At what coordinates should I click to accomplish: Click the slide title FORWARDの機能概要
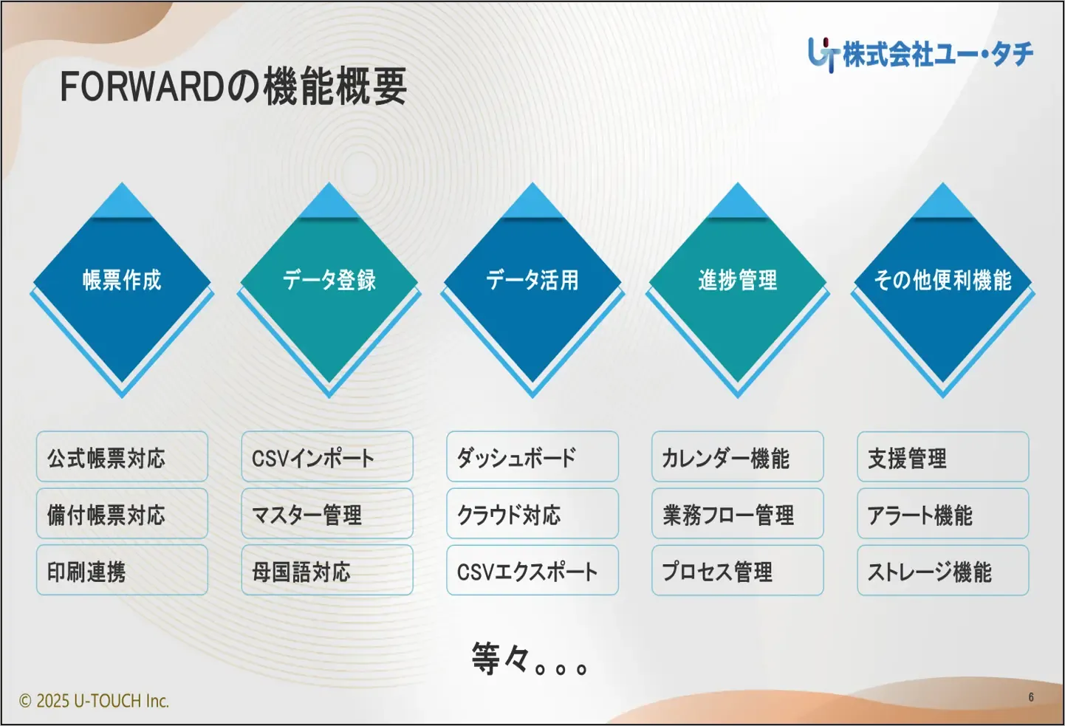click(x=233, y=86)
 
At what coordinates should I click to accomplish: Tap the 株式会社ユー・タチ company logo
click(x=920, y=54)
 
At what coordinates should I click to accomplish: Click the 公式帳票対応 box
click(x=122, y=457)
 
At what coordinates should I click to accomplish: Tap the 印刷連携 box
click(x=122, y=571)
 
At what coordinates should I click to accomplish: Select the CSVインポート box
click(x=327, y=457)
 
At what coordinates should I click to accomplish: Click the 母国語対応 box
click(x=327, y=571)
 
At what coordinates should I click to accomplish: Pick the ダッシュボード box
click(x=532, y=457)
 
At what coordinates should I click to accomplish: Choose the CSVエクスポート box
click(x=532, y=571)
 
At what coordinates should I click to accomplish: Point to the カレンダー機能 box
click(x=737, y=457)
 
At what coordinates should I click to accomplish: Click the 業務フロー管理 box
click(x=737, y=514)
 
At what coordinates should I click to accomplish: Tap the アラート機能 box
click(x=942, y=514)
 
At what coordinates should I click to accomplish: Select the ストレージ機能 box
click(x=942, y=571)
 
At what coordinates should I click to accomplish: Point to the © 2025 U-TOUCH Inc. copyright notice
click(x=94, y=701)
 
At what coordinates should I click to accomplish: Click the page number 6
click(x=1031, y=697)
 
